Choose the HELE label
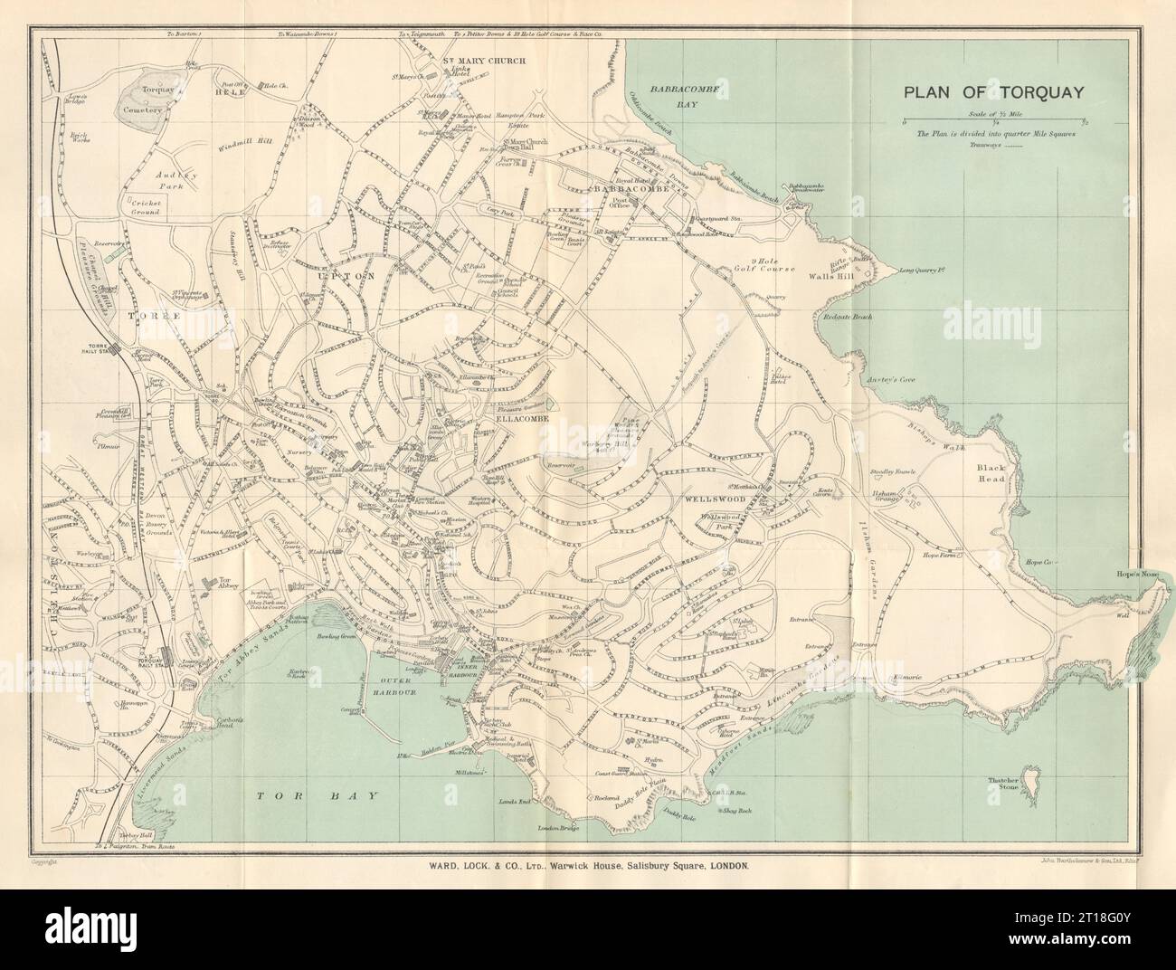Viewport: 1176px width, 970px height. (x=225, y=92)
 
